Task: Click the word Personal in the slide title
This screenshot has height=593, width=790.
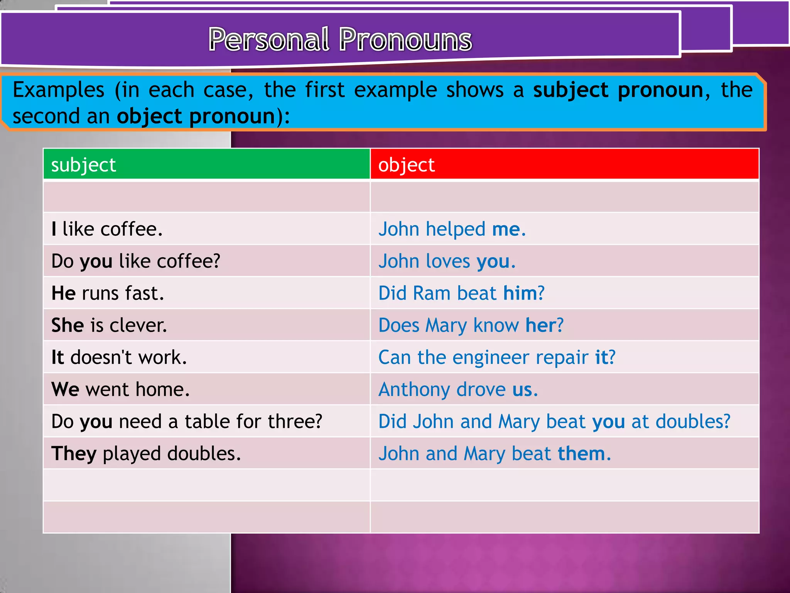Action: (269, 40)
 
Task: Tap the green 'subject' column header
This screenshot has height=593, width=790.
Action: (206, 165)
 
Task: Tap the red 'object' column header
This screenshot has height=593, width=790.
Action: (564, 165)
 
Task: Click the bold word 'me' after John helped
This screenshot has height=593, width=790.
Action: (506, 229)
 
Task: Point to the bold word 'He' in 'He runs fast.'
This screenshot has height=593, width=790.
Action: (63, 293)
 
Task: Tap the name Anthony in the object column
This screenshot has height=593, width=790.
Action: (414, 390)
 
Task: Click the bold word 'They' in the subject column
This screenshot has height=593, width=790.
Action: (74, 454)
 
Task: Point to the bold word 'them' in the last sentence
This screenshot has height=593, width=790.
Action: (581, 454)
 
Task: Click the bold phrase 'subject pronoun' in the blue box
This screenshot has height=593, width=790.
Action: (618, 90)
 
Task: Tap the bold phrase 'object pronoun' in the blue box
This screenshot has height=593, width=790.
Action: (196, 116)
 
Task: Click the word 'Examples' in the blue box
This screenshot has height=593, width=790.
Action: (58, 90)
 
